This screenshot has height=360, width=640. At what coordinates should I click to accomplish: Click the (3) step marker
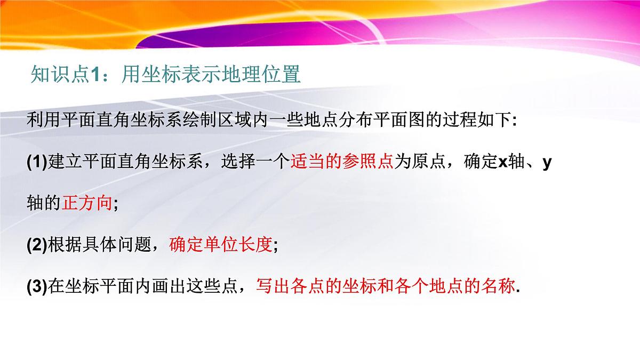[x=37, y=287]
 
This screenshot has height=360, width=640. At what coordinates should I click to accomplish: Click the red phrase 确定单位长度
[x=220, y=245]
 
